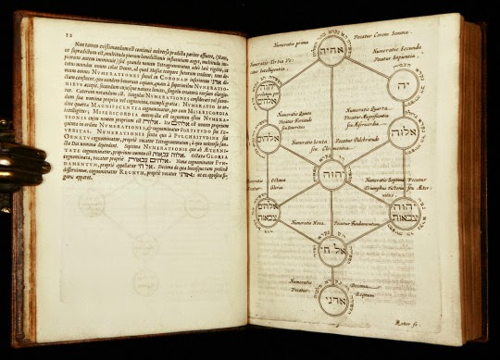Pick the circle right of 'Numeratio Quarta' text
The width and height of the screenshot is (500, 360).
coord(409,132)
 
